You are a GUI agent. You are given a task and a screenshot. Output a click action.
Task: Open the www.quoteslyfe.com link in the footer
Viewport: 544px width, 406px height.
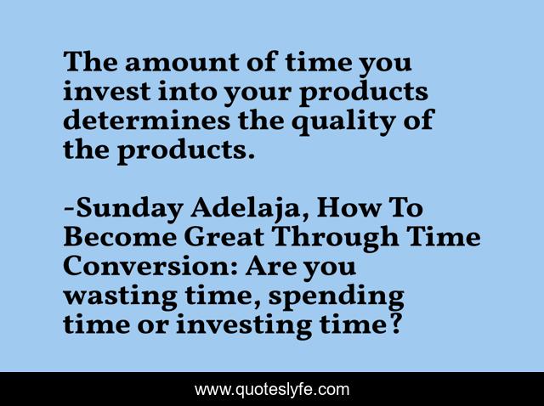click(272, 389)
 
